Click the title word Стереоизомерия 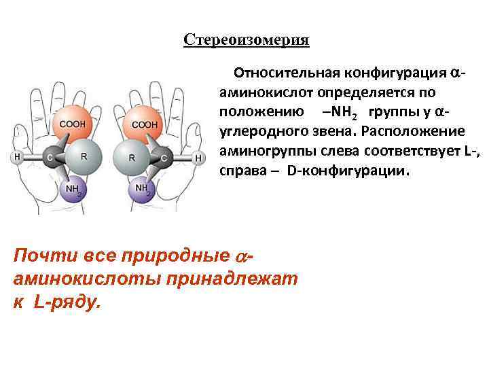coord(246,40)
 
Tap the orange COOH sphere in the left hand coord(73,123)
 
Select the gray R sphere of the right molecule coord(130,158)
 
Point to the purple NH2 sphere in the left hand coord(73,190)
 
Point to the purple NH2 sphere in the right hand coord(143,190)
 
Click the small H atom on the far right coord(198,158)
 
